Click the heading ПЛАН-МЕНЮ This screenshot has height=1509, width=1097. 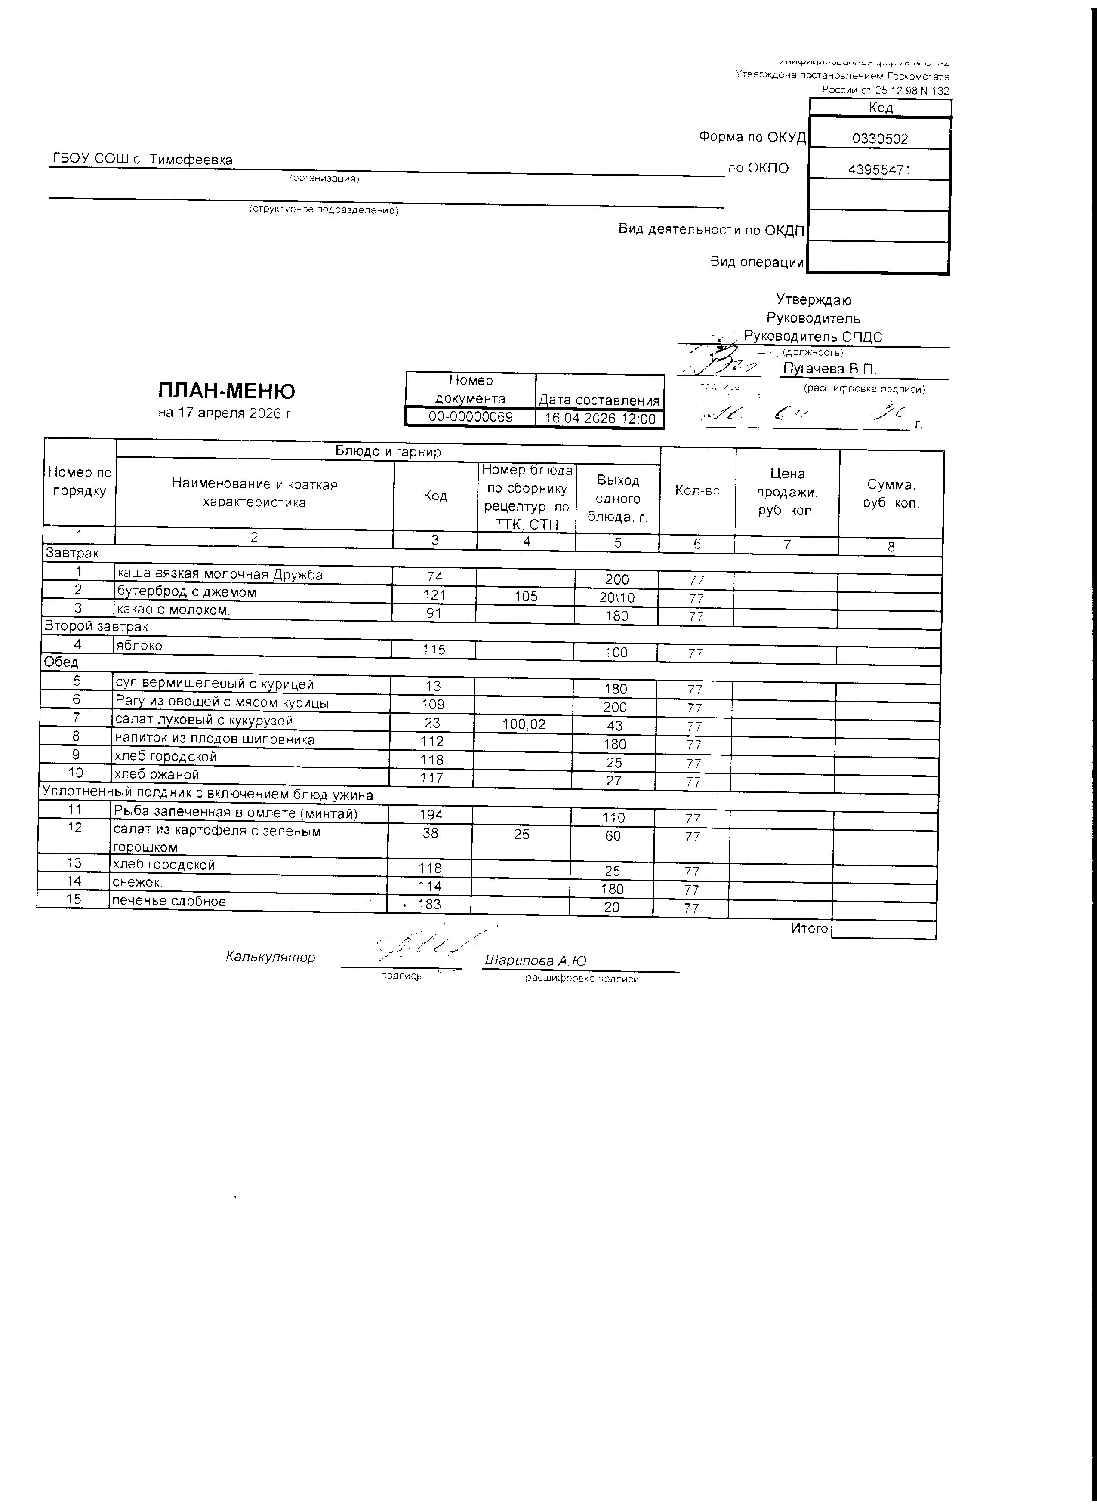(226, 391)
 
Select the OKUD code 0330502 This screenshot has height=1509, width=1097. (879, 139)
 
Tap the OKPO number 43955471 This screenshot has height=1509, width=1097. (879, 169)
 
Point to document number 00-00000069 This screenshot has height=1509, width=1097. (470, 417)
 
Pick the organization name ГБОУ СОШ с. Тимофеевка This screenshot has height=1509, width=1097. (142, 160)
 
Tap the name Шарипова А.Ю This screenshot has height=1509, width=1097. (536, 961)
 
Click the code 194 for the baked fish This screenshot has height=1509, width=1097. (431, 814)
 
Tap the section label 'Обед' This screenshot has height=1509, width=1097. (61, 662)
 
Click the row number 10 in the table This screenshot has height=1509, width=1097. (76, 773)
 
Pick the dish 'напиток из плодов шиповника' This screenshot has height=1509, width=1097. (214, 739)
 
